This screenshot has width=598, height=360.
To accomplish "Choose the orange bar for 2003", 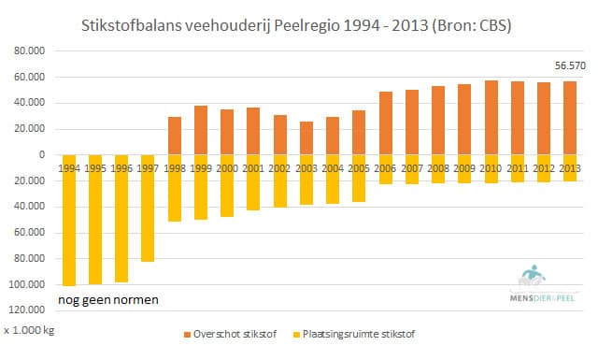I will click(x=306, y=137).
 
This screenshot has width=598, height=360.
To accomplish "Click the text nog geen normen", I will click(x=107, y=300).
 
